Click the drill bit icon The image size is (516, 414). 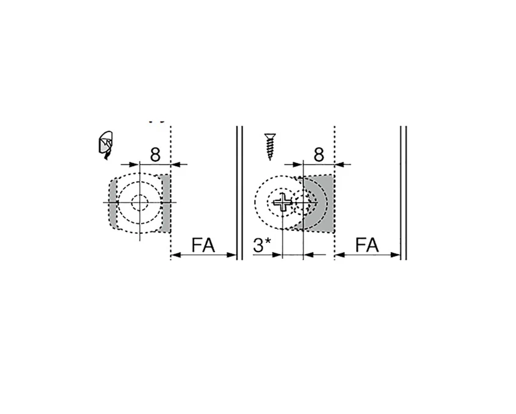105,145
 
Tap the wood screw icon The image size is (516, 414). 270,146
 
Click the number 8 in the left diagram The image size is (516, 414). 155,154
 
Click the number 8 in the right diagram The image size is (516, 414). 319,154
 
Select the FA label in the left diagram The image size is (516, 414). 203,245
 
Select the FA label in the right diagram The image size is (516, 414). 367,245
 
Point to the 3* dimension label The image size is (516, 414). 263,245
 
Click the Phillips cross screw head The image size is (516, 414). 283,202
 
